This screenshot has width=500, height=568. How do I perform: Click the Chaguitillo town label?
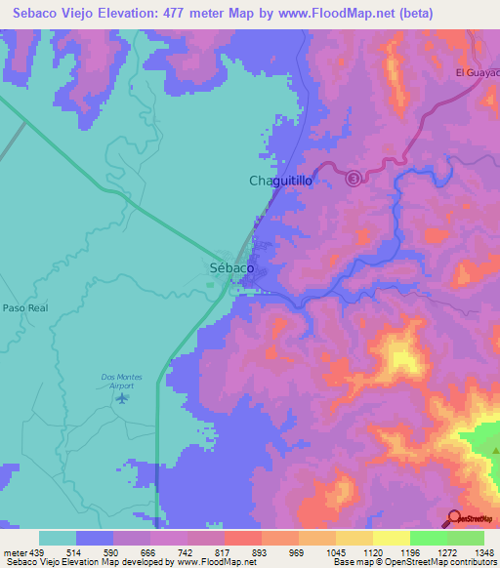(x=279, y=181)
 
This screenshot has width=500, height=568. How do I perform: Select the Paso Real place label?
(x=25, y=306)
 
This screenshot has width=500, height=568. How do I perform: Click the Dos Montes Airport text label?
(x=122, y=381)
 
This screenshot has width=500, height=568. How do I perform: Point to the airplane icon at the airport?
(x=122, y=397)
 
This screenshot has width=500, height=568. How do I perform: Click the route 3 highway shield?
(x=354, y=177)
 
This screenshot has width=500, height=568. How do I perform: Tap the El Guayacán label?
(x=478, y=72)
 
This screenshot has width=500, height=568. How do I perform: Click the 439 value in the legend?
(x=37, y=550)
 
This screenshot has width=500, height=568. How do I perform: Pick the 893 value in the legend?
(x=259, y=550)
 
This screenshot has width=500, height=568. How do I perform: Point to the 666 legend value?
(x=147, y=550)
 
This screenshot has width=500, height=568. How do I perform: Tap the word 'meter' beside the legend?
(x=13, y=550)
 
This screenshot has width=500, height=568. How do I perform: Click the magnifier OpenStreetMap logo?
(x=454, y=518)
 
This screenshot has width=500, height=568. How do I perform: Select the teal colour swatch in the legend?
(x=57, y=538)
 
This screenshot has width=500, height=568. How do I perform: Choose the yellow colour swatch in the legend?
(x=391, y=538)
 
